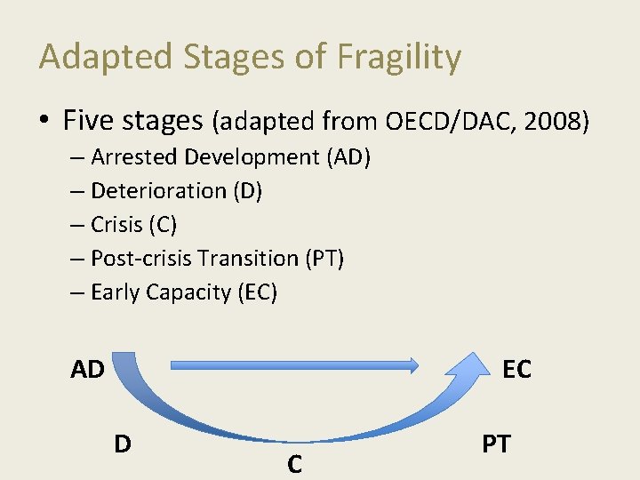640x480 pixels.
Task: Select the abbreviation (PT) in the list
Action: pyautogui.click(x=324, y=259)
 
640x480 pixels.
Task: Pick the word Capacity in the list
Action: pyautogui.click(x=189, y=292)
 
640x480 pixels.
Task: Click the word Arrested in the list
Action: pyautogui.click(x=134, y=157)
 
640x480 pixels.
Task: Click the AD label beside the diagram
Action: pyautogui.click(x=88, y=369)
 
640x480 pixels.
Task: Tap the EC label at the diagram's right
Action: pyautogui.click(x=516, y=369)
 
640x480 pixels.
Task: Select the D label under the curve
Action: pyautogui.click(x=123, y=442)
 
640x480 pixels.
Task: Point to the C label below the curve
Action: pyautogui.click(x=294, y=463)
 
